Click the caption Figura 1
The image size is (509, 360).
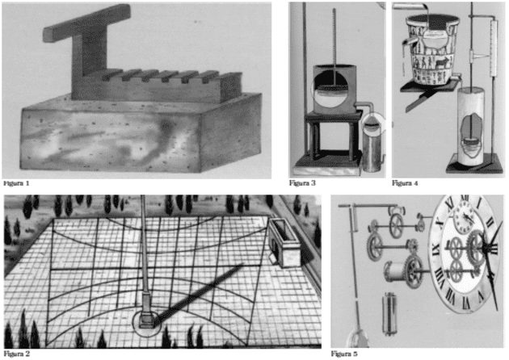point(16,183)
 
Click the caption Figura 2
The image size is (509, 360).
point(17,354)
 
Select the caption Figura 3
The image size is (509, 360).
point(302,183)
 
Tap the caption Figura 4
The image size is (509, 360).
point(405,183)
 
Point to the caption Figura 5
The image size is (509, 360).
point(344,354)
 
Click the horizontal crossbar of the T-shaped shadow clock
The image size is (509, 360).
point(87,23)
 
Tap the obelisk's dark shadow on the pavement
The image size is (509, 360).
point(198,295)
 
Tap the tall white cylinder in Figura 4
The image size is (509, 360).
point(471,126)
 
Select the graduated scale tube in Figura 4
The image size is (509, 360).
point(494,48)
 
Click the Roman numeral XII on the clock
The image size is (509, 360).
point(465,198)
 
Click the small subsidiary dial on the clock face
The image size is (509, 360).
point(465,216)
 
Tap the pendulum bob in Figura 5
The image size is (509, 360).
point(359,338)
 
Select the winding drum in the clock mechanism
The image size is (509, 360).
point(395,272)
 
